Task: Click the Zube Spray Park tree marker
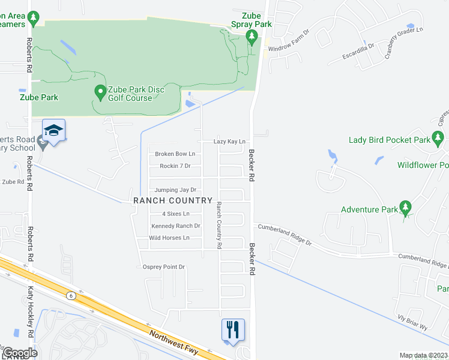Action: click(x=252, y=38)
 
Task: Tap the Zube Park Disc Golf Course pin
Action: click(x=100, y=93)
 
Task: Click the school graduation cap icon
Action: click(x=53, y=131)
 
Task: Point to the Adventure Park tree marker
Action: click(x=406, y=208)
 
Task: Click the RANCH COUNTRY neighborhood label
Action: click(x=172, y=200)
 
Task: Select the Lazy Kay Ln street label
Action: click(x=230, y=142)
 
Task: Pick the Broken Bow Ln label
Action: click(x=175, y=154)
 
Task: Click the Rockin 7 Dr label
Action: click(x=175, y=166)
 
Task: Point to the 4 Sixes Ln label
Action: click(x=175, y=214)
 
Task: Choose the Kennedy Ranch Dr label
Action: click(x=176, y=226)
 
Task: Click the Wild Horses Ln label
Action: click(x=169, y=238)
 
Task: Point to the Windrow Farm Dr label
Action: click(x=289, y=40)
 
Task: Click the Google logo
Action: click(x=19, y=353)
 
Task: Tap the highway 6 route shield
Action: click(x=71, y=295)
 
